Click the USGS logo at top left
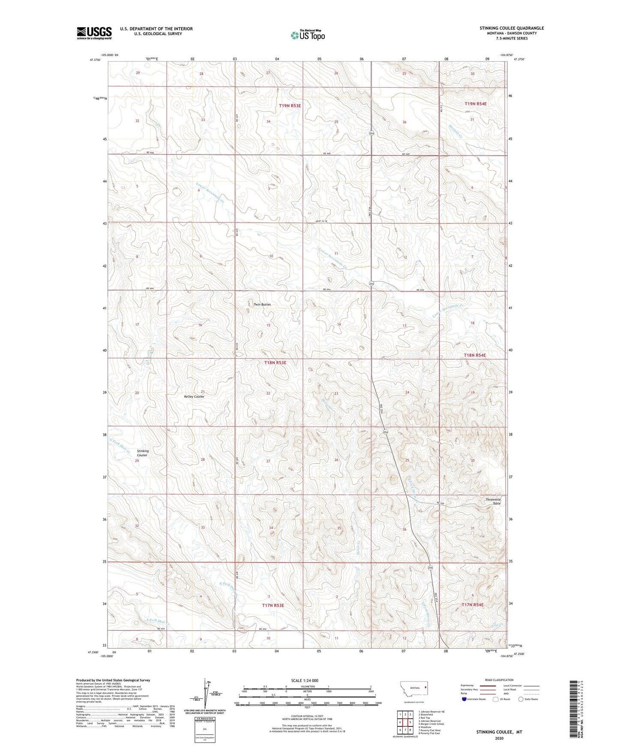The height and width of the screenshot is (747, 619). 94,33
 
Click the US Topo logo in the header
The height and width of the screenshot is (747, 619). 307,35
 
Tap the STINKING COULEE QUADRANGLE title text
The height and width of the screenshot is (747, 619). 511,28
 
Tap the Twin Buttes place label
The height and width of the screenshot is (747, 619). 262,304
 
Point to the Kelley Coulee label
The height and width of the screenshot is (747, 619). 194,397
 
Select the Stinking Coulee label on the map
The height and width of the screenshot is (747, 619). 142,453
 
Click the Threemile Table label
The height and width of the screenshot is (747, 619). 493,501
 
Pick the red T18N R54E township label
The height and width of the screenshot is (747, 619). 475,355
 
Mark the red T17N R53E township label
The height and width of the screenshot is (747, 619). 273,605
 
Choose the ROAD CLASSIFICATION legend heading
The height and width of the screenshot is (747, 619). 499,680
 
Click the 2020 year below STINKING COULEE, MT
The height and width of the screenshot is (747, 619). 499,738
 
